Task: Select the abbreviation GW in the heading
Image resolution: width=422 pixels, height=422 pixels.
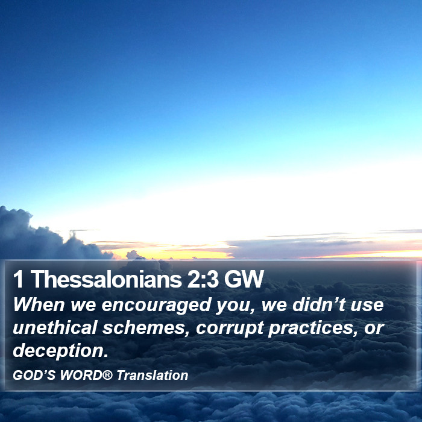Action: [x=244, y=279]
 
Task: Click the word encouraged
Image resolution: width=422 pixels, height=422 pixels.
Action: [x=156, y=305]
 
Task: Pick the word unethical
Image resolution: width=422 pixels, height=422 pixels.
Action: [x=55, y=327]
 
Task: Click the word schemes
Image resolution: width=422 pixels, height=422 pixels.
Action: [x=146, y=328]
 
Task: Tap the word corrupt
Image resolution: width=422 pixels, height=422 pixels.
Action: [x=230, y=329]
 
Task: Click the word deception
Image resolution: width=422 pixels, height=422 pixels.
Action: [x=60, y=351]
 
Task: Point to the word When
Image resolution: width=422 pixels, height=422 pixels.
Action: [x=39, y=304]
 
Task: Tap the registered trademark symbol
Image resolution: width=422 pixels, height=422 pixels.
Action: [x=107, y=374]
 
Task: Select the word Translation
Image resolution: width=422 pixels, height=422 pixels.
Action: [x=153, y=375]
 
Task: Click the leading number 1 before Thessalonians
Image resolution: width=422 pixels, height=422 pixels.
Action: [x=18, y=279]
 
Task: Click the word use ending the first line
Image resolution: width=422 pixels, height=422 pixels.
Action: [x=367, y=306]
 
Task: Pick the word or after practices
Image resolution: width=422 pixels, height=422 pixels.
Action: [x=374, y=329]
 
